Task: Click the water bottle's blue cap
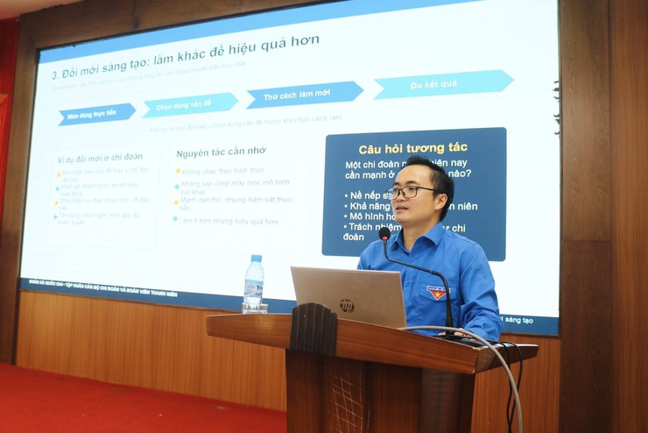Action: point(254,259)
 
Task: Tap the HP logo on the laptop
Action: point(347,305)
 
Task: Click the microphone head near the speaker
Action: point(384,233)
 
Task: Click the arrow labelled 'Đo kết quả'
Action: point(442,84)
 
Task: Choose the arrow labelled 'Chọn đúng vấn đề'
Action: point(190,104)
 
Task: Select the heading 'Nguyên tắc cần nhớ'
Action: point(221,153)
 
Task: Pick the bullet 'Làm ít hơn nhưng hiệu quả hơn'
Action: point(229,221)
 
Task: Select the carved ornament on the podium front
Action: point(313,329)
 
